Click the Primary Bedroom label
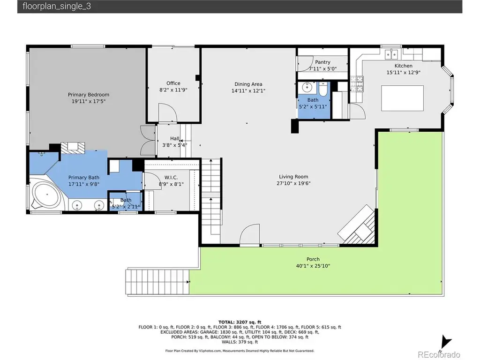89,95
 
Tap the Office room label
173,83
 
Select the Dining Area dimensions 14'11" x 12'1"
248,90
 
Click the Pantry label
322,62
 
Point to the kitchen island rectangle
402,98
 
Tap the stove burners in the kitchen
357,84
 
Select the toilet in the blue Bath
323,89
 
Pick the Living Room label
293,177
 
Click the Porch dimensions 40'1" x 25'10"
313,266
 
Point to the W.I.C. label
171,178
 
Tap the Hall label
175,138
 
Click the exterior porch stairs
157,282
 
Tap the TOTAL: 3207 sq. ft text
240,322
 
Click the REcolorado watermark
439,354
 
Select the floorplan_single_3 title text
57,7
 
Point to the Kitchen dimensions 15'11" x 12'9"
403,73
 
